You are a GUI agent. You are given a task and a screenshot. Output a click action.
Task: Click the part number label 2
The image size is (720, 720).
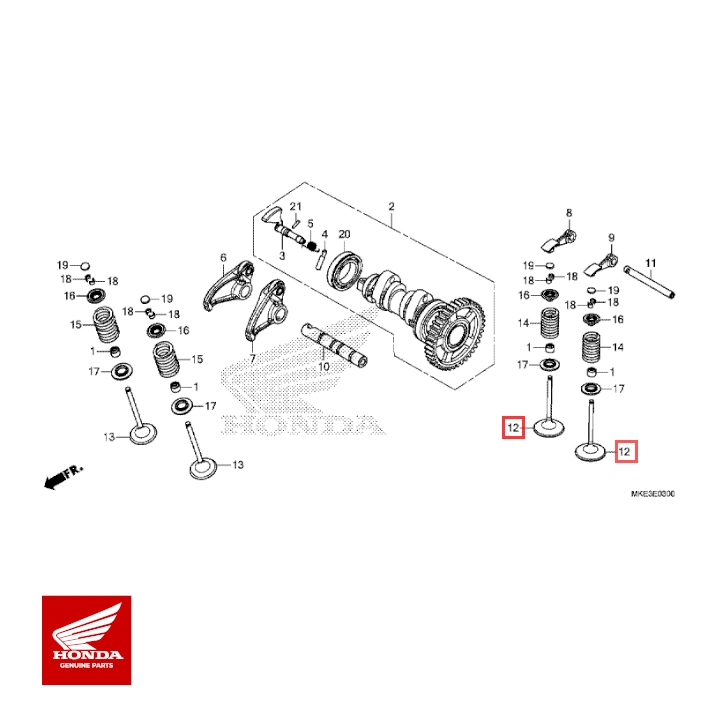click(392, 207)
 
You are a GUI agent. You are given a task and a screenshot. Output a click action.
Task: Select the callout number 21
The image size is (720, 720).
click(295, 206)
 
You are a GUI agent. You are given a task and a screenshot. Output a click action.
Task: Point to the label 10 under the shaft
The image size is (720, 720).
click(323, 367)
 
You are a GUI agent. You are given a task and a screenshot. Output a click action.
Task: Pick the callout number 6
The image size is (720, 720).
click(223, 258)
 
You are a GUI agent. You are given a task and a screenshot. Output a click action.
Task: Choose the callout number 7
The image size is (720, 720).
click(253, 358)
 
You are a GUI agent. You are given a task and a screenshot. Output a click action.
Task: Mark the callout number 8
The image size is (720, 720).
click(568, 213)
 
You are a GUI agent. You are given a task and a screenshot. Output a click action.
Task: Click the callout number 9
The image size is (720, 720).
click(609, 236)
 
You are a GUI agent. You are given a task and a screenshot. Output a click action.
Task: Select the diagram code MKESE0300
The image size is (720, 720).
click(652, 494)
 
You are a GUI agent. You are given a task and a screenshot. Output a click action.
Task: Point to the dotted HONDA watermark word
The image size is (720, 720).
click(303, 426)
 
